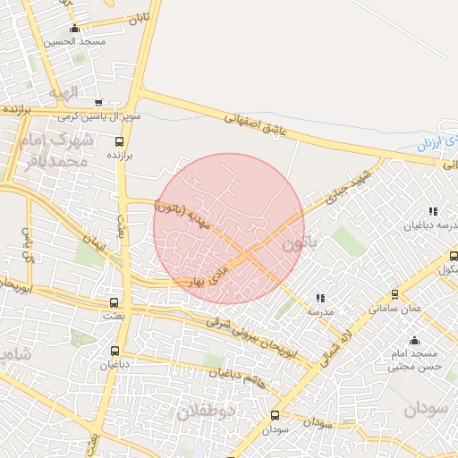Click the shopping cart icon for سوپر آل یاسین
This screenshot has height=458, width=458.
[98, 103]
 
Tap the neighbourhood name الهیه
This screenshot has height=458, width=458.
[64, 91]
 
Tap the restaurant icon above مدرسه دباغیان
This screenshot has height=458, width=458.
[433, 211]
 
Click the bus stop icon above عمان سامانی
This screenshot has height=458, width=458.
[394, 293]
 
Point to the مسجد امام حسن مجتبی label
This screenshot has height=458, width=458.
[413, 360]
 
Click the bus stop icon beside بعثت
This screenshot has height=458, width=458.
[113, 303]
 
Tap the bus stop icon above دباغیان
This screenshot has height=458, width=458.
[114, 350]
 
